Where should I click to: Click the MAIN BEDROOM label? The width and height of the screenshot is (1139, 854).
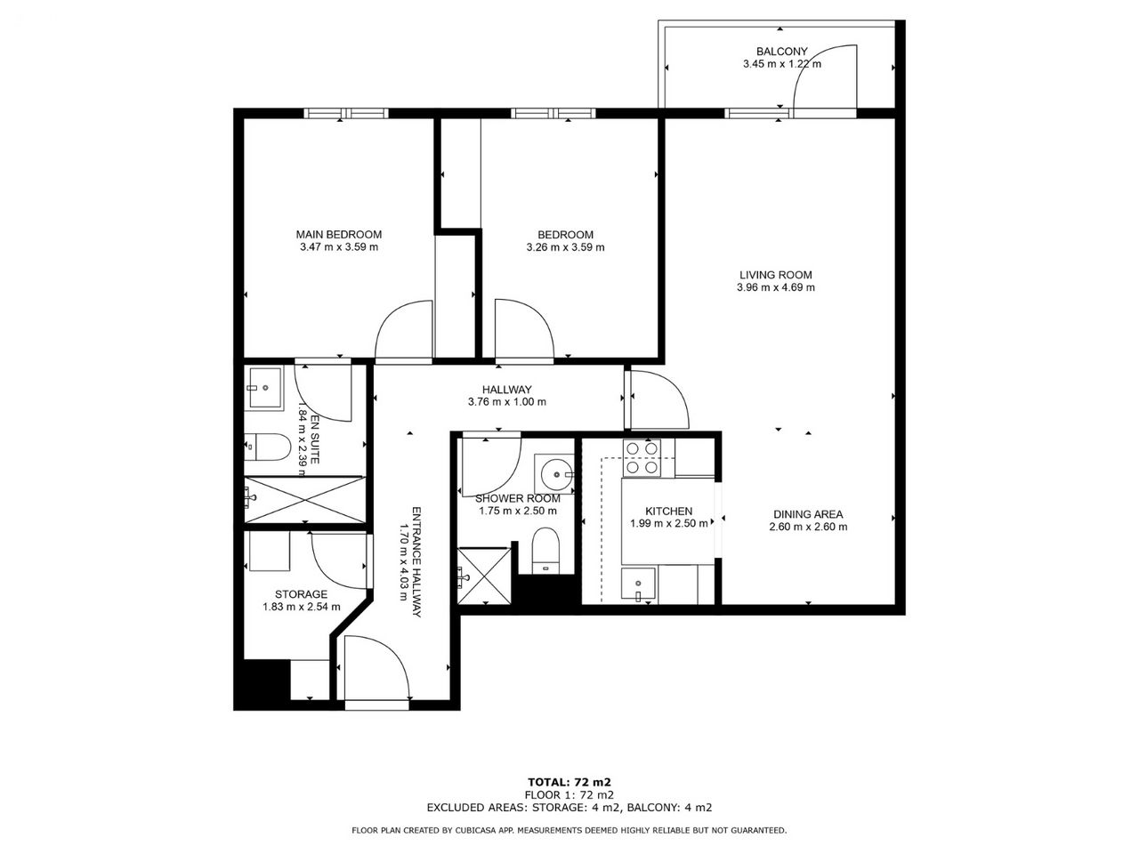tap(339, 234)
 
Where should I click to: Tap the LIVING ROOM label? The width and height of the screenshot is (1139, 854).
tap(776, 275)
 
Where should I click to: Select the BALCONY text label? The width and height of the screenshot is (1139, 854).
tap(782, 52)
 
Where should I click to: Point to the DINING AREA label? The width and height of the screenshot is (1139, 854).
tap(808, 514)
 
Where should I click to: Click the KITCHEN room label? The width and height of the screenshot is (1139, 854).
tap(669, 512)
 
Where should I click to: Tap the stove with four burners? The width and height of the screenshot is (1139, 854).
tap(642, 458)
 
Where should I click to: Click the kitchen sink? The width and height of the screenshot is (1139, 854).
tap(638, 585)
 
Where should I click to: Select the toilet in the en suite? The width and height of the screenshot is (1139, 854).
tap(267, 447)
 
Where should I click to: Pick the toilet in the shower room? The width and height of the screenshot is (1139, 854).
tap(545, 551)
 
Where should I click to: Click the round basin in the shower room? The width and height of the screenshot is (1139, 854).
tap(556, 474)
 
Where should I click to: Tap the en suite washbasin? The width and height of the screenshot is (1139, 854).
tap(265, 388)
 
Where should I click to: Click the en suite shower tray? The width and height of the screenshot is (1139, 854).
tap(304, 499)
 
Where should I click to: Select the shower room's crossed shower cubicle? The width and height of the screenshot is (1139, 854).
tap(484, 575)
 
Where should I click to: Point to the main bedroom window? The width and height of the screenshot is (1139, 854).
tap(346, 113)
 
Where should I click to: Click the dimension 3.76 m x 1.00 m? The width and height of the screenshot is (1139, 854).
tap(507, 402)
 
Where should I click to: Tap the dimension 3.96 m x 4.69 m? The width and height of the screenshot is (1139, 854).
tap(776, 287)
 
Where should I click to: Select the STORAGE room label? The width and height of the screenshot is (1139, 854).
tap(301, 594)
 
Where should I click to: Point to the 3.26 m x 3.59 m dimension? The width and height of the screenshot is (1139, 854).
tap(566, 247)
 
